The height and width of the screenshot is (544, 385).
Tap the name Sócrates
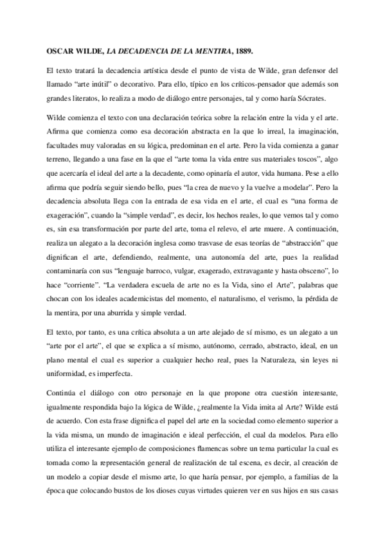point(310,98)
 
